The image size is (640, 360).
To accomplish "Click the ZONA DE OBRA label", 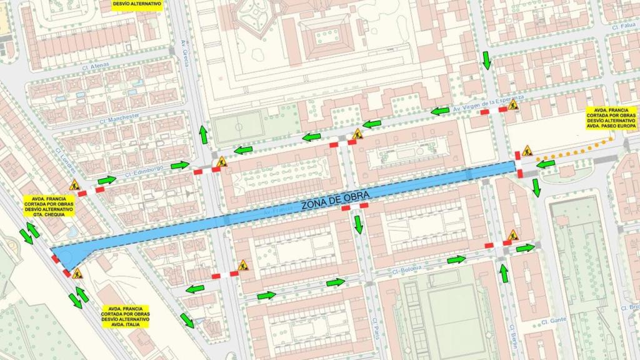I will [335, 198].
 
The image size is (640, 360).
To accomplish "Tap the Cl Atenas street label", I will [96, 64].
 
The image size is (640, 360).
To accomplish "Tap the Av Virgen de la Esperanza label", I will [487, 104].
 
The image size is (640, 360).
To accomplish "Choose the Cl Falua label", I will [623, 27].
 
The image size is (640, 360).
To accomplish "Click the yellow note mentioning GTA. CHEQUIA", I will [49, 205].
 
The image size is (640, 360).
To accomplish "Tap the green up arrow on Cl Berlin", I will [504, 272].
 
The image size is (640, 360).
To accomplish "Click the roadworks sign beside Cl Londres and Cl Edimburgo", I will [74, 184].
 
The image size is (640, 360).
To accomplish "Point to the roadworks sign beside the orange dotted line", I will [527, 151].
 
